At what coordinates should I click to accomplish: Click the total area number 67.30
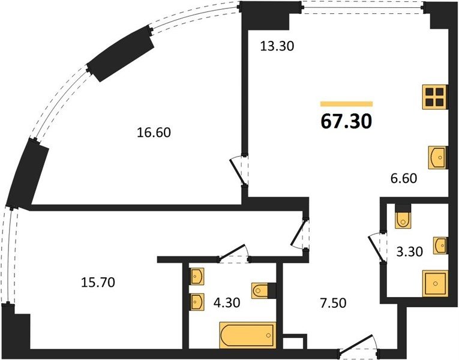[346, 121]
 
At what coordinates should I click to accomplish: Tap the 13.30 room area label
[277, 46]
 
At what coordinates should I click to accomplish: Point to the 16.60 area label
[154, 133]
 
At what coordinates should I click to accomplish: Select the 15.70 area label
[98, 283]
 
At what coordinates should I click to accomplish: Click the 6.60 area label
[404, 178]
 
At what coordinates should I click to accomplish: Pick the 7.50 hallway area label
[334, 303]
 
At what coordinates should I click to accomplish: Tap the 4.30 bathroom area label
[227, 302]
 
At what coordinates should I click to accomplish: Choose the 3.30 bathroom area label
[410, 251]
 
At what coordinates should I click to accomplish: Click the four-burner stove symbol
[435, 97]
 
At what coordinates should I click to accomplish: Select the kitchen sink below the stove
[438, 157]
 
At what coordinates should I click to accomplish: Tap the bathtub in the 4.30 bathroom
[248, 335]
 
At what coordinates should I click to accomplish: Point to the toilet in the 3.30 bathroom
[403, 220]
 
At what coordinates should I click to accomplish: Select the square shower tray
[435, 283]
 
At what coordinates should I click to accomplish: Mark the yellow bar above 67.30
[347, 104]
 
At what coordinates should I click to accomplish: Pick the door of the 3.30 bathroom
[376, 247]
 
